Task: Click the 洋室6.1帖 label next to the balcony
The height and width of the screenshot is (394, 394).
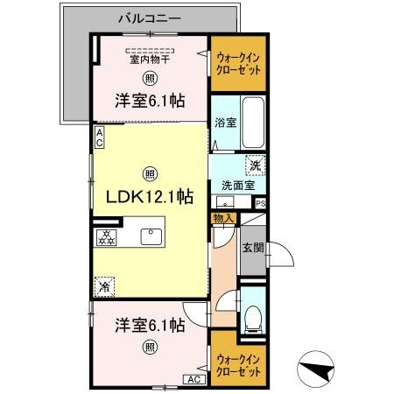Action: point(150,102)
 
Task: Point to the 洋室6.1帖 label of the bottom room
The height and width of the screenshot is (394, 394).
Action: point(150,325)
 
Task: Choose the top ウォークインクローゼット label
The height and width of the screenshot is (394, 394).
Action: point(237,62)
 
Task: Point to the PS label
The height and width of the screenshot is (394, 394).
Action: point(260,204)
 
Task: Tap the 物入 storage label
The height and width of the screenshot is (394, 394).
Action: point(222,217)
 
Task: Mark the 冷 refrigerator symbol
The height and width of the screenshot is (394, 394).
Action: point(105,285)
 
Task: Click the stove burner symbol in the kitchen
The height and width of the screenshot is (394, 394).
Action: point(106,236)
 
